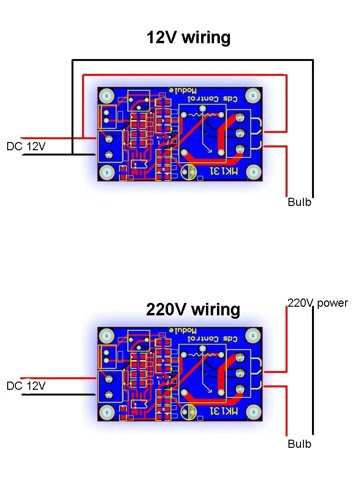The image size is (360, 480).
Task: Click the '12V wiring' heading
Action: coord(188,37)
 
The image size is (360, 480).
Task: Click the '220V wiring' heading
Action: coord(193,310)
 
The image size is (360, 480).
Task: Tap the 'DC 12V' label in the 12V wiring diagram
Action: coord(26,147)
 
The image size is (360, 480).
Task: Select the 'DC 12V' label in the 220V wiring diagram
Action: coord(26,385)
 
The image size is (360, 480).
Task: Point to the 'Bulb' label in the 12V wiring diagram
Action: coord(300,202)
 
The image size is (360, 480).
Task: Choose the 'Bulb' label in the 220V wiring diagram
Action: coord(300,444)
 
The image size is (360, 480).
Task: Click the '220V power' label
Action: coord(318,303)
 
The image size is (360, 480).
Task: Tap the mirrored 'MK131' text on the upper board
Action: coord(224,171)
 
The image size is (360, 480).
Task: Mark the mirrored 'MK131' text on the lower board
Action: coord(224,411)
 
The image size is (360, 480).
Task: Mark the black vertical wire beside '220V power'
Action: coord(313,370)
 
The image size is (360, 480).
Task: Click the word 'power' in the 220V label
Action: coord(332,303)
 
